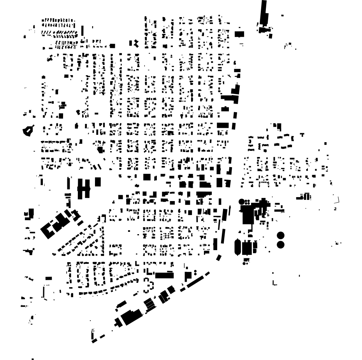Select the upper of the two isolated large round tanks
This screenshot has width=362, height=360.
[280, 235]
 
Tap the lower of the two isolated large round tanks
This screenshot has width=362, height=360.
[280, 244]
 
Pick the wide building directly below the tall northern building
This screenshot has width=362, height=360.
[265, 29]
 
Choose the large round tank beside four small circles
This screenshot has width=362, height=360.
[242, 201]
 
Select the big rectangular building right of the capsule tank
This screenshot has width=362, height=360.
[246, 247]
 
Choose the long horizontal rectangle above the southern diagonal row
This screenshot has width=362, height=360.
[165, 275]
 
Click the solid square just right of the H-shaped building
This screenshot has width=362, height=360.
[98, 182]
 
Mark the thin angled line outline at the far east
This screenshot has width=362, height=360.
[337, 200]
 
